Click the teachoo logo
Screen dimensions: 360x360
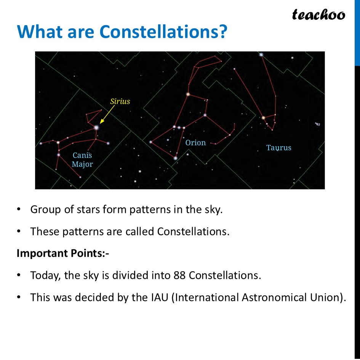pyautogui.click(x=318, y=14)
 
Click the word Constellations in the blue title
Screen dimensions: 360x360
pyautogui.click(x=163, y=32)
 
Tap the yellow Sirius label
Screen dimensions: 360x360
pyautogui.click(x=120, y=101)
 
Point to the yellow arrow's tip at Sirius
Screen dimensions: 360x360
pyautogui.click(x=101, y=123)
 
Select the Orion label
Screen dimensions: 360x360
pyautogui.click(x=195, y=143)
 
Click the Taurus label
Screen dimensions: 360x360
pyautogui.click(x=278, y=148)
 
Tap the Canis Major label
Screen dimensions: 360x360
pyautogui.click(x=82, y=160)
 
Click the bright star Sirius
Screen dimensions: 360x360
pyautogui.click(x=96, y=127)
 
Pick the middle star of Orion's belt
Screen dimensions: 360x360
pyautogui.click(x=179, y=127)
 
